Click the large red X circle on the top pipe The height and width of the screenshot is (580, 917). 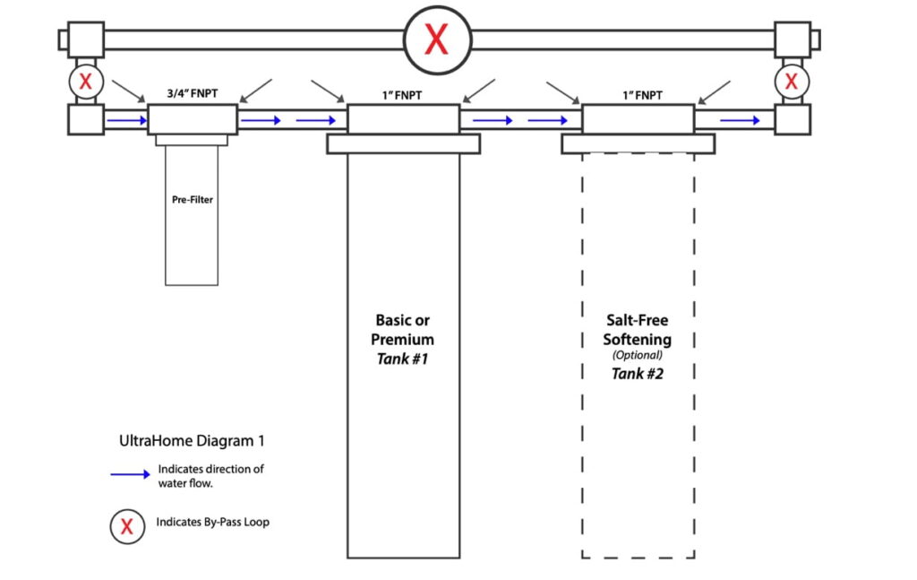(x=436, y=39)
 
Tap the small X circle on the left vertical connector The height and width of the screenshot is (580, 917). (x=85, y=82)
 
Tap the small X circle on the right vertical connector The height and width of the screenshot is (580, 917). (x=792, y=82)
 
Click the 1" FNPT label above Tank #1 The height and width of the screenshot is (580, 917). (x=403, y=93)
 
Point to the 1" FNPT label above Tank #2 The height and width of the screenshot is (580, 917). (x=638, y=93)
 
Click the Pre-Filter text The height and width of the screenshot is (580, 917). (x=192, y=199)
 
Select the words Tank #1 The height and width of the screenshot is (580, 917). (x=403, y=359)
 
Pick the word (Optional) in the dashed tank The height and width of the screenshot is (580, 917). (x=638, y=355)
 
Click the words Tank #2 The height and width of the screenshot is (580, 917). (x=638, y=374)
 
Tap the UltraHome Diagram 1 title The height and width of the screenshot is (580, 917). (x=192, y=441)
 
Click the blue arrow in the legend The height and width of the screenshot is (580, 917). (x=130, y=475)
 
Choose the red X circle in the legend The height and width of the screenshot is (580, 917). (x=127, y=526)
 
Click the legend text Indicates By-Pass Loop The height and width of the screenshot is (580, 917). (x=212, y=523)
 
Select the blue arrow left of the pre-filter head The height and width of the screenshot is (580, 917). (x=125, y=118)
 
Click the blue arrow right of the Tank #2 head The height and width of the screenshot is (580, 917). (x=741, y=118)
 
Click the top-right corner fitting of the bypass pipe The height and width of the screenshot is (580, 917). (x=793, y=39)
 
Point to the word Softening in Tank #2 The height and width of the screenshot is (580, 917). (x=638, y=340)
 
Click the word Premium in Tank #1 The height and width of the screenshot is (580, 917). (x=403, y=340)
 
